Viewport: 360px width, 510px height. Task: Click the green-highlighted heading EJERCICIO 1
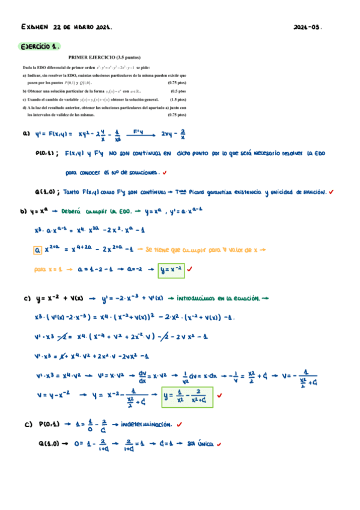pyautogui.click(x=40, y=46)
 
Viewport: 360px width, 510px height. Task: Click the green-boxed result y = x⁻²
pyautogui.click(x=171, y=269)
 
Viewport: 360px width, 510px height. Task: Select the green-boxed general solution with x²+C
pyautogui.click(x=188, y=396)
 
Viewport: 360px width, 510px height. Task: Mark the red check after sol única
pyautogui.click(x=220, y=444)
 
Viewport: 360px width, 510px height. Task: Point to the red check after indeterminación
pyautogui.click(x=180, y=424)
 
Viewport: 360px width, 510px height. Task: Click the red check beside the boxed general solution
pyautogui.click(x=220, y=396)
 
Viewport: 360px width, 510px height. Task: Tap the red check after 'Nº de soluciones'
pyautogui.click(x=165, y=172)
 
